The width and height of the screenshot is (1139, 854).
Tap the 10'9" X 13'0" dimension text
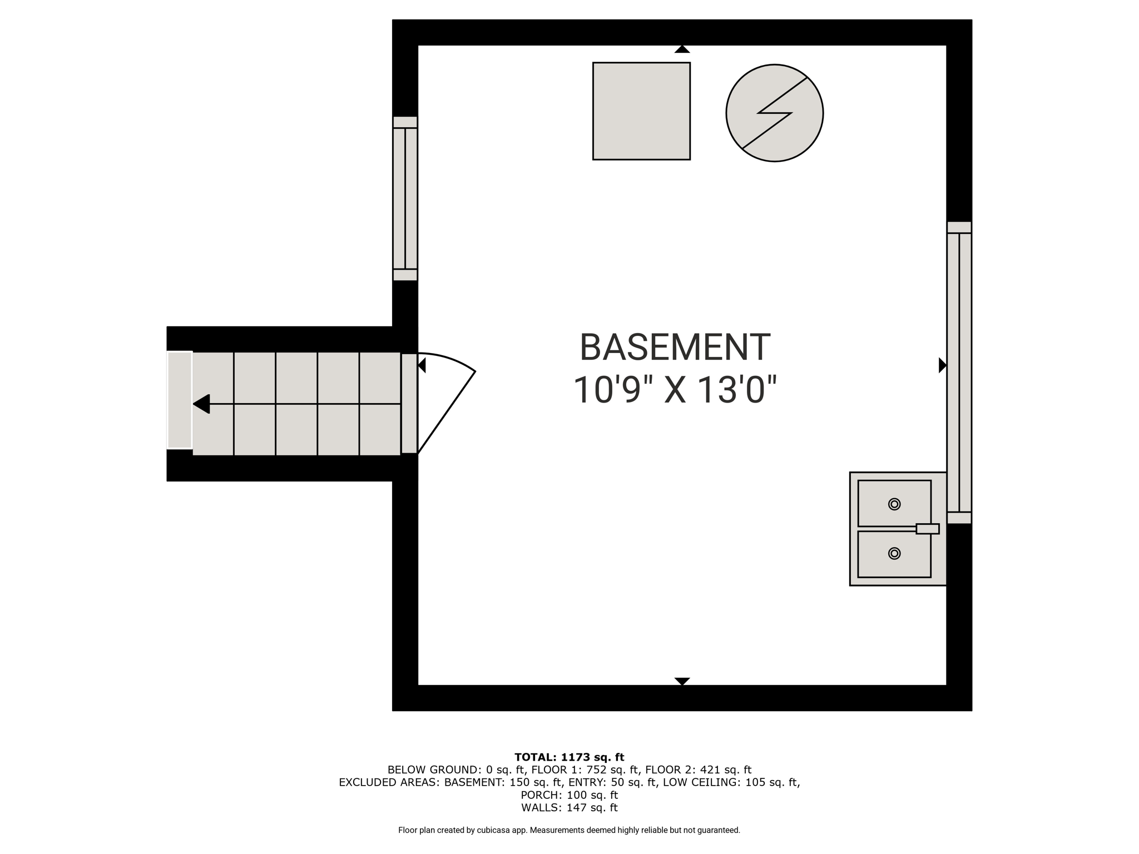pos(675,389)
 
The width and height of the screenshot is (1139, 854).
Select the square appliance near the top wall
pos(641,111)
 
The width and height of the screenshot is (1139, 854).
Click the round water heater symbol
pos(774,113)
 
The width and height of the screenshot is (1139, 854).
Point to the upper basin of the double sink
pos(894,503)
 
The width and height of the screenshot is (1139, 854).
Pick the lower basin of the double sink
pos(894,554)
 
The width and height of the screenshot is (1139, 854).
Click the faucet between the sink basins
pos(927,529)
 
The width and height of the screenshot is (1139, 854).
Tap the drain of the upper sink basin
pos(894,504)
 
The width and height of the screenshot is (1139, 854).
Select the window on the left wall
pos(405,198)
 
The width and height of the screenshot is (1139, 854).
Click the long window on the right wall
pos(959,373)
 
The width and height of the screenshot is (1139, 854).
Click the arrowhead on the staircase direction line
pos(201,404)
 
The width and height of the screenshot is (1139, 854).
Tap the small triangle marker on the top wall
pos(682,49)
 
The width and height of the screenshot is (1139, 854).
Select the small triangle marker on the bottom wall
pos(682,681)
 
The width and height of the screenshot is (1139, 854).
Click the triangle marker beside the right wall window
pos(942,365)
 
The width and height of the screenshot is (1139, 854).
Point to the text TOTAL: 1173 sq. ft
pos(569,757)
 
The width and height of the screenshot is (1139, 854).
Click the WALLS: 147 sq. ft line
pos(569,807)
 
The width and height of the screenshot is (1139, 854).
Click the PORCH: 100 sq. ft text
pos(569,795)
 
